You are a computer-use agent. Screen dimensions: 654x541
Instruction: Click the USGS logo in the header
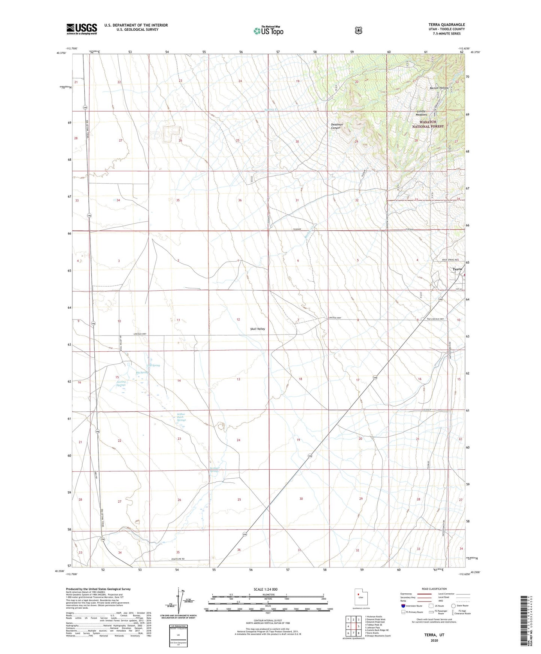(82, 29)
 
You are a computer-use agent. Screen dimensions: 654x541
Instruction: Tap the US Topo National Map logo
(268, 30)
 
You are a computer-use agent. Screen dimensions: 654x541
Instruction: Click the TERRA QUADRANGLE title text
(447, 25)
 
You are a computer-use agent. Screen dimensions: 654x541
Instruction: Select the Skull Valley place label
(257, 329)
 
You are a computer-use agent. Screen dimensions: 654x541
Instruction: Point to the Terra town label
(457, 269)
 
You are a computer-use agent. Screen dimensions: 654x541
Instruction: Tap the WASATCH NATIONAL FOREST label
(428, 124)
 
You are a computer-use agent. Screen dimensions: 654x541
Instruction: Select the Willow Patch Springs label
(181, 417)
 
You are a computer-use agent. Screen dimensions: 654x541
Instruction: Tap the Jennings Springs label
(121, 383)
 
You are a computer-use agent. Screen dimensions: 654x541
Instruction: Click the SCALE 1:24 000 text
(265, 589)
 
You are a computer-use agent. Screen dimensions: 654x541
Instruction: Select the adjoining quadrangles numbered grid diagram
(353, 626)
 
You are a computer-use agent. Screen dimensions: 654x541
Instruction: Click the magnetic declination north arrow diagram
(179, 603)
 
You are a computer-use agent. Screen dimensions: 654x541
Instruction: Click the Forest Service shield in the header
(358, 30)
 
